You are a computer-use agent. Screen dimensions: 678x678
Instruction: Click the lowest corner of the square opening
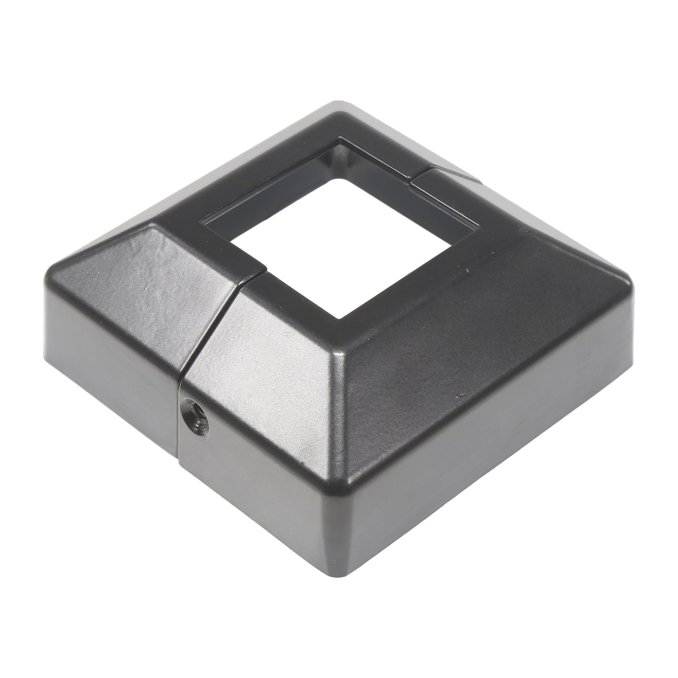pos(339,319)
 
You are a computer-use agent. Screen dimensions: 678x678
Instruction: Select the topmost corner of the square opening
pos(339,140)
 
